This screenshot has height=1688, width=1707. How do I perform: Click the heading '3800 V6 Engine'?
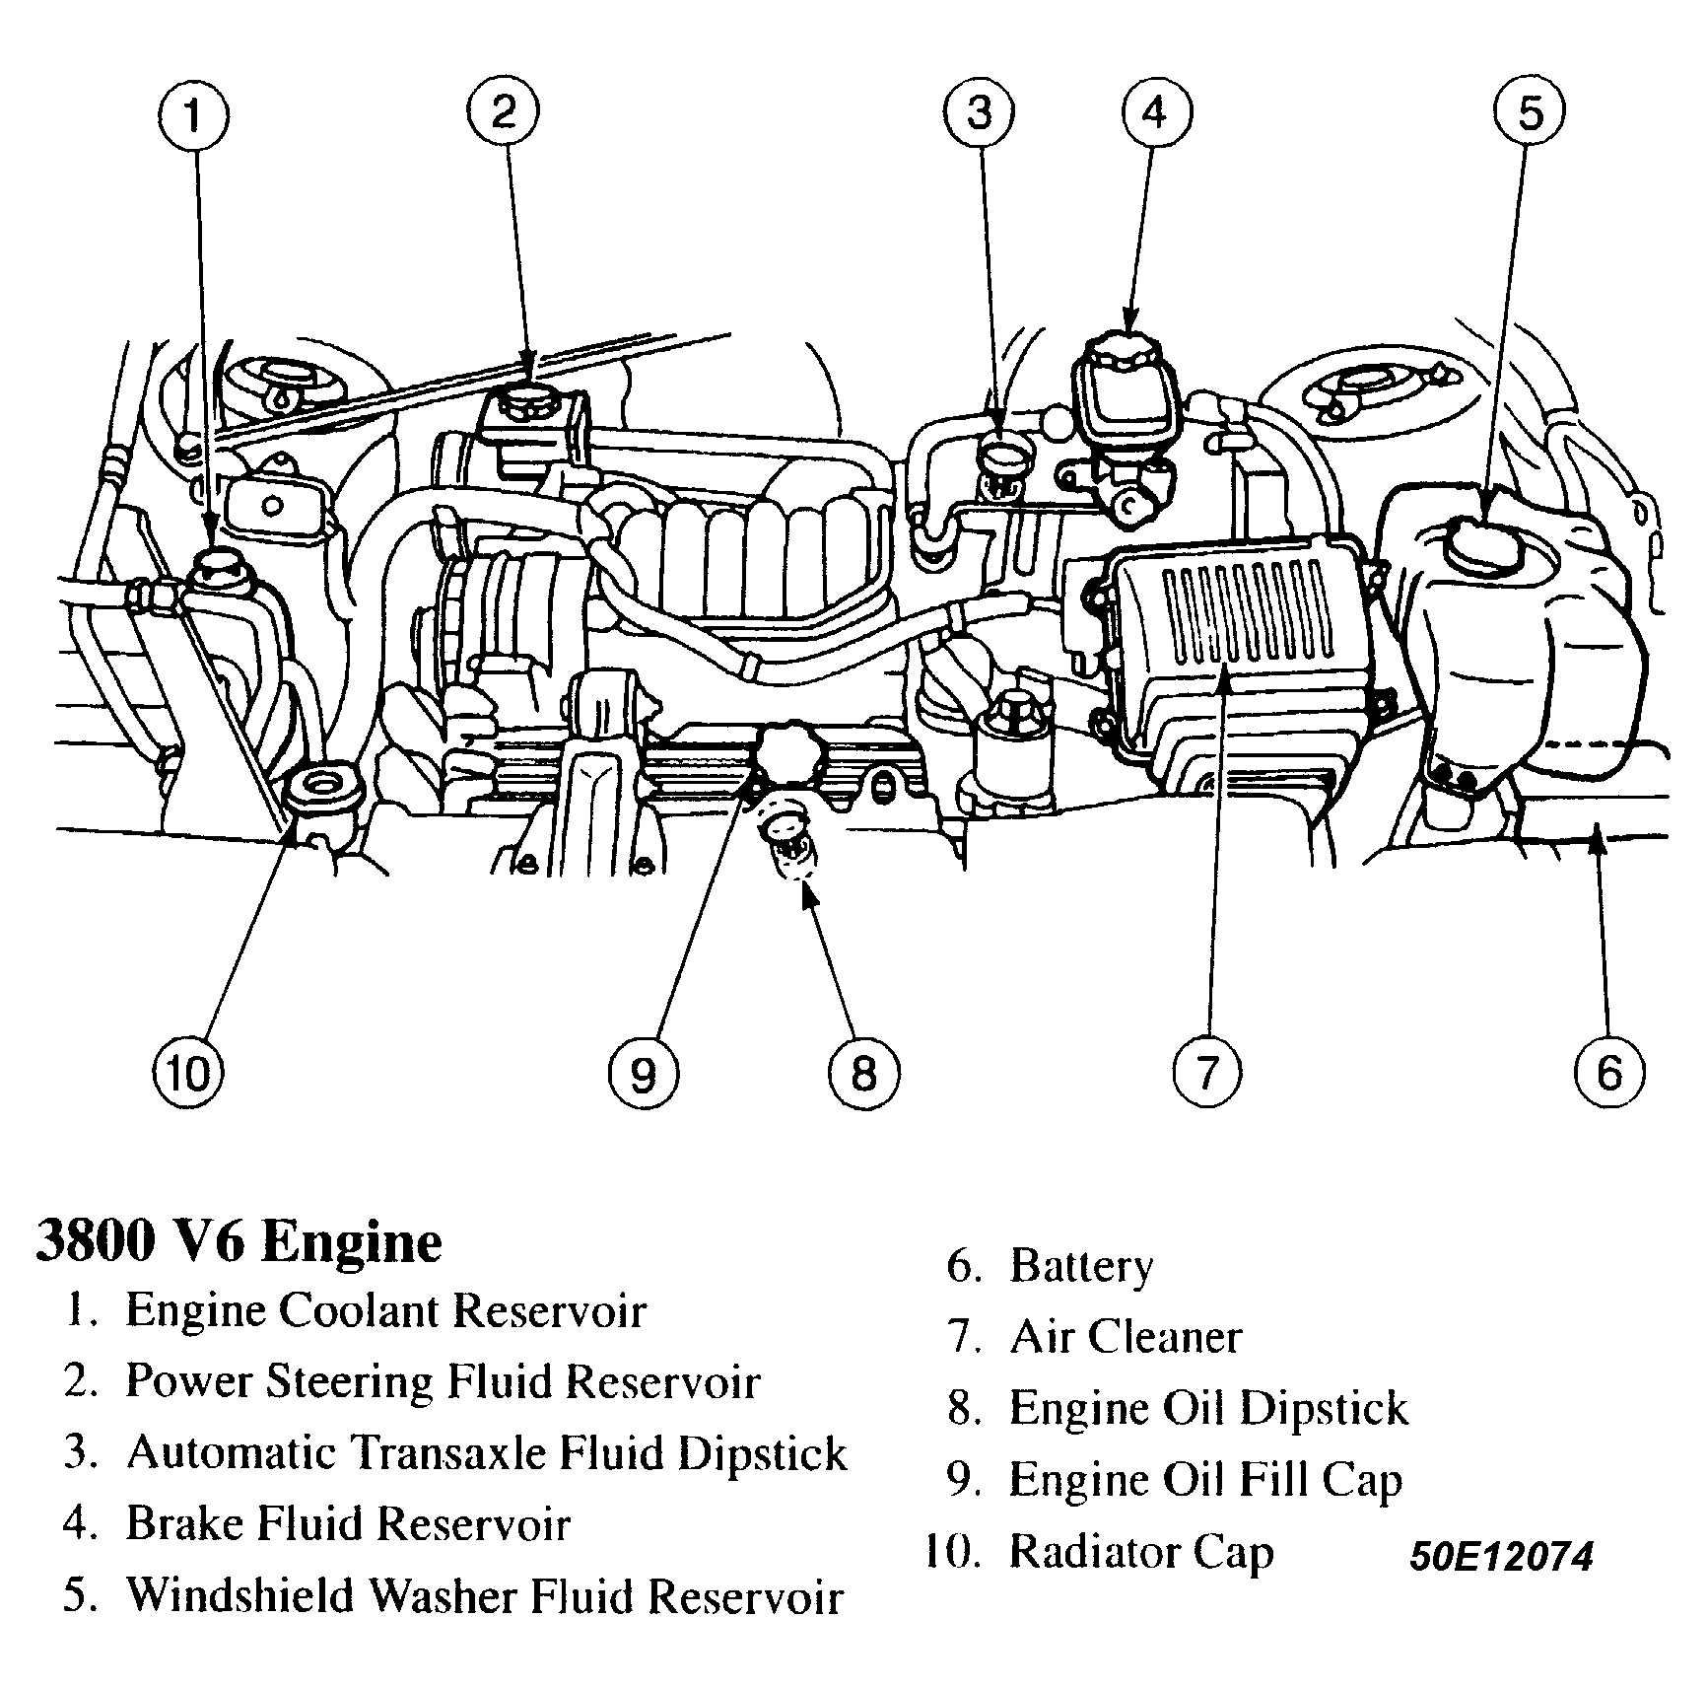[x=239, y=1241]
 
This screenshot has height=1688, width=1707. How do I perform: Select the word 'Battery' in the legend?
[x=1081, y=1266]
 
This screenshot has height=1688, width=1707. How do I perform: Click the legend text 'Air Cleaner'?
[x=1126, y=1337]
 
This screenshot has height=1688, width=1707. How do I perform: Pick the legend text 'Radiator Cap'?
[x=1141, y=1551]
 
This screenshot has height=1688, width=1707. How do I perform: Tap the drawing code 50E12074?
[x=1500, y=1557]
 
